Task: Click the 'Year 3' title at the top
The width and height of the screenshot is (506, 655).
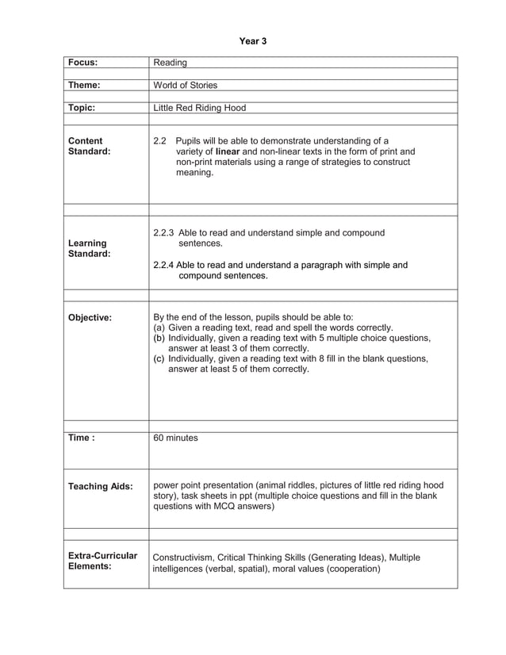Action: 253,40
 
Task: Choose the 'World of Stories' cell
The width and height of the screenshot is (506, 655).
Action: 185,85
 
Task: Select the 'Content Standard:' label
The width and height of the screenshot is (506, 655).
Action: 90,146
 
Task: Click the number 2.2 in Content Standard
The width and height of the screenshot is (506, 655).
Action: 159,140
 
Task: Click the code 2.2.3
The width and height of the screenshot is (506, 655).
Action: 163,233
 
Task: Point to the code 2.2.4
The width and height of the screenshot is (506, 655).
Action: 163,265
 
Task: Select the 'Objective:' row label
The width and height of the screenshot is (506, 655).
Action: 90,317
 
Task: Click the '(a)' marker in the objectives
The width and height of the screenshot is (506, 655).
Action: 158,327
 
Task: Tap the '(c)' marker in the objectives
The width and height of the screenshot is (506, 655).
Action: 158,358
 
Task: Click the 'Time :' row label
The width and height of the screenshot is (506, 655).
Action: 82,438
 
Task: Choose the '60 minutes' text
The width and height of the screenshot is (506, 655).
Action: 175,438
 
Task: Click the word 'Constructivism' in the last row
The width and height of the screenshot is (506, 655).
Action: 183,557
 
